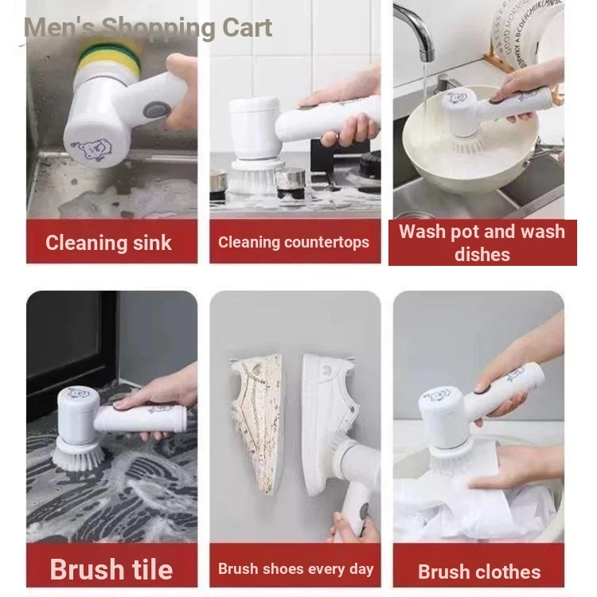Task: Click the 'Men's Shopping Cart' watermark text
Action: click(x=148, y=28)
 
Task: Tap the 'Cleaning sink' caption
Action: click(x=108, y=243)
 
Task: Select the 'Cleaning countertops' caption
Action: click(x=294, y=242)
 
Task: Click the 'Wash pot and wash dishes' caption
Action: click(x=482, y=243)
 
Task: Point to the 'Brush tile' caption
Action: click(x=111, y=570)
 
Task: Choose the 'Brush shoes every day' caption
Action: click(x=295, y=569)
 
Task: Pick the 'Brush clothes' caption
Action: click(x=479, y=572)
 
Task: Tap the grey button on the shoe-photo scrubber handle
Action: click(x=364, y=510)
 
